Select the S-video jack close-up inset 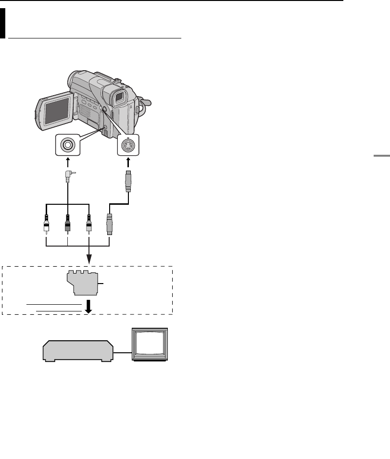coord(128,145)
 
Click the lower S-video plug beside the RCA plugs coord(110,225)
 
